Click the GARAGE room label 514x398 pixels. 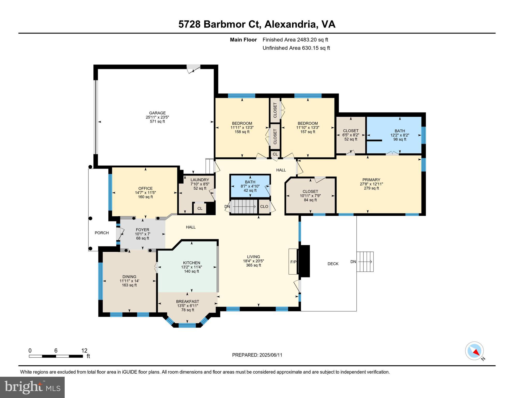pyautogui.click(x=157, y=113)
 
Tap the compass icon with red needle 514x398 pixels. pyautogui.click(x=474, y=351)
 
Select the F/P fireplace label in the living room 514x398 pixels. pyautogui.click(x=293, y=262)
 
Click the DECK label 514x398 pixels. pyautogui.click(x=333, y=264)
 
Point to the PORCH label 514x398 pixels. pyautogui.click(x=102, y=233)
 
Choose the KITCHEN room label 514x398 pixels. pyautogui.click(x=192, y=263)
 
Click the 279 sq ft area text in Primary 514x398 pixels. pyautogui.click(x=371, y=188)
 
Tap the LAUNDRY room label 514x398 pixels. pyautogui.click(x=200, y=180)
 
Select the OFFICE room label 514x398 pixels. pyautogui.click(x=145, y=188)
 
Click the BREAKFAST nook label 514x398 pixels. pyautogui.click(x=188, y=302)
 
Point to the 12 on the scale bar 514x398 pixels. pyautogui.click(x=84, y=351)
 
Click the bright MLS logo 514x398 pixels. pyautogui.click(x=32, y=387)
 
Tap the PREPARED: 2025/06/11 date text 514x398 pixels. pyautogui.click(x=257, y=355)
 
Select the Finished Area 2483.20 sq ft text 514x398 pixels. pyautogui.click(x=295, y=40)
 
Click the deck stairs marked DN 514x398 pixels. pyautogui.click(x=365, y=262)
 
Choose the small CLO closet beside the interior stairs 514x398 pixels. pyautogui.click(x=264, y=207)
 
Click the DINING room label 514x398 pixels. pyautogui.click(x=129, y=277)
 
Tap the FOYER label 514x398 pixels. pyautogui.click(x=143, y=230)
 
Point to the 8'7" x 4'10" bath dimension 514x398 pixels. pyautogui.click(x=250, y=186)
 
